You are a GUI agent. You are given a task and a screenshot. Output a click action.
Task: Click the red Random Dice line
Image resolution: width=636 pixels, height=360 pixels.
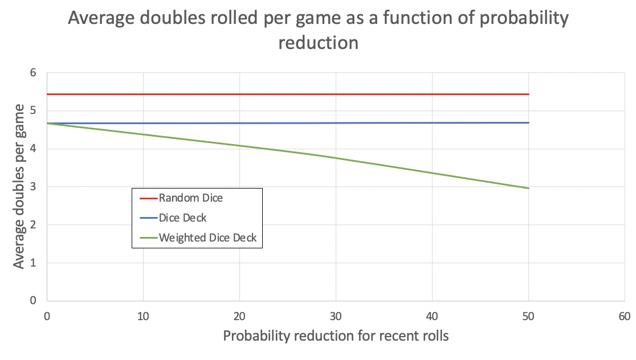pyautogui.click(x=285, y=94)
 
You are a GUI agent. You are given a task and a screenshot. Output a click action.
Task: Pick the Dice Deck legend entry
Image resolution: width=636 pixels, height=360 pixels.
pyautogui.click(x=182, y=218)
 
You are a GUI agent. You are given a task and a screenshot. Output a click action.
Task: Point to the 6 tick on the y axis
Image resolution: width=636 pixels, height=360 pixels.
pyautogui.click(x=33, y=73)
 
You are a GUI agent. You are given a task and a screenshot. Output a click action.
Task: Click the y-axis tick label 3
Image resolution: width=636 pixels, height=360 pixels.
pyautogui.click(x=33, y=187)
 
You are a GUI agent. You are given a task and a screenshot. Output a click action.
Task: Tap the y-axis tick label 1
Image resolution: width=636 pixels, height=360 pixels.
pyautogui.click(x=33, y=263)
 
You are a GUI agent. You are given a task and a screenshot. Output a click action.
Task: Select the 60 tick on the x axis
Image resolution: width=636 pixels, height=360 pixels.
pyautogui.click(x=624, y=315)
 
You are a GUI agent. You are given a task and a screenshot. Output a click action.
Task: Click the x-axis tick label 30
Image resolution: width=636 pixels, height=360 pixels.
pyautogui.click(x=336, y=315)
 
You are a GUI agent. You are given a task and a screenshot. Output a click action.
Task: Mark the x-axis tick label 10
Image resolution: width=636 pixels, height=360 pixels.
pyautogui.click(x=143, y=315)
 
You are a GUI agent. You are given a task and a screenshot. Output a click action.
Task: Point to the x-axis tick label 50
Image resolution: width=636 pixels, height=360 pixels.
pyautogui.click(x=528, y=315)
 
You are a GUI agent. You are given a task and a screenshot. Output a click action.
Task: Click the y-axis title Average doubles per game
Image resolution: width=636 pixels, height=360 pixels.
pyautogui.click(x=19, y=186)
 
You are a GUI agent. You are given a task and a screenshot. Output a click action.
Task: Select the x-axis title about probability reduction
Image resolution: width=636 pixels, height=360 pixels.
pyautogui.click(x=336, y=336)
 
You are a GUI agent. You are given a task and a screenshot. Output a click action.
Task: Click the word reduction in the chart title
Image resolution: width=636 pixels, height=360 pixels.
pyautogui.click(x=318, y=43)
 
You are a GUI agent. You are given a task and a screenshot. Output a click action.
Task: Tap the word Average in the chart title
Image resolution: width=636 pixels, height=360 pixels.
pyautogui.click(x=103, y=18)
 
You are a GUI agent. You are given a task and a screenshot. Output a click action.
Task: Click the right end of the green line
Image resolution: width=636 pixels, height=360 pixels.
pyautogui.click(x=529, y=188)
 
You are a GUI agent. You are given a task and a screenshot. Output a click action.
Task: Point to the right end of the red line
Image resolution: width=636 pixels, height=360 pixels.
pyautogui.click(x=529, y=94)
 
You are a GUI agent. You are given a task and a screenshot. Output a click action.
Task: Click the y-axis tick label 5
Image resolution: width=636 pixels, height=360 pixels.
pyautogui.click(x=33, y=111)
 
